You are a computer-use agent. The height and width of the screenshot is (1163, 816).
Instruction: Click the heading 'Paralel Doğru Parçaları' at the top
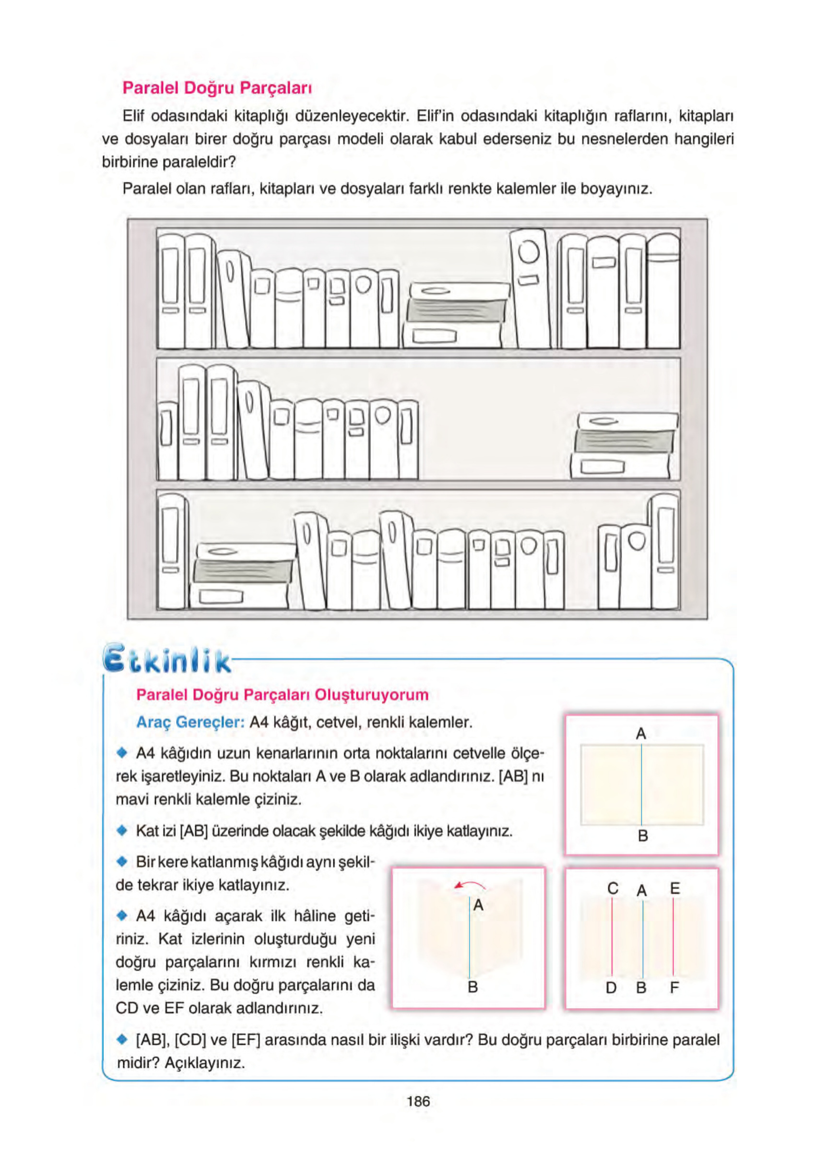click(x=217, y=88)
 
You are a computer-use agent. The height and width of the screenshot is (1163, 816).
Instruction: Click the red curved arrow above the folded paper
click(x=470, y=885)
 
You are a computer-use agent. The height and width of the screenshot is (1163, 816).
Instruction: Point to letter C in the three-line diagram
click(x=613, y=889)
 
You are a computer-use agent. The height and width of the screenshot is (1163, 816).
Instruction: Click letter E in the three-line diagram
click(x=674, y=889)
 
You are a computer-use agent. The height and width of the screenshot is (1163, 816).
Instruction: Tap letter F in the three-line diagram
click(x=674, y=987)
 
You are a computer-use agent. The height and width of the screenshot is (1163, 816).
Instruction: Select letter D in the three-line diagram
click(x=611, y=988)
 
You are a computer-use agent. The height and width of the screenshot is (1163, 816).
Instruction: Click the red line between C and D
click(x=612, y=937)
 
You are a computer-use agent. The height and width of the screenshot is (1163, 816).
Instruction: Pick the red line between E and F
click(x=673, y=937)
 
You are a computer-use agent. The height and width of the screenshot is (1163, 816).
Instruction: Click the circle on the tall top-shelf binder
click(x=528, y=252)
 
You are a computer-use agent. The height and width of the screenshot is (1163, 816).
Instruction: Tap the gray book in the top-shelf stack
click(x=456, y=310)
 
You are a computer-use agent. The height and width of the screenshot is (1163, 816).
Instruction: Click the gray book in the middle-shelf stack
click(x=625, y=441)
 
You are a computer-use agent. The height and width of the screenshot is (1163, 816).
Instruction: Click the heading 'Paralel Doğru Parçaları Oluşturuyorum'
click(x=282, y=694)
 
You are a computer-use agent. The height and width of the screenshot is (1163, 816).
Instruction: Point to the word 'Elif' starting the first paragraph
click(x=134, y=116)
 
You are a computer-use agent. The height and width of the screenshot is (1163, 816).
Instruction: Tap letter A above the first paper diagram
click(x=641, y=734)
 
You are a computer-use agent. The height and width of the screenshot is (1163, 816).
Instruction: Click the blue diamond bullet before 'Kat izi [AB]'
click(x=121, y=831)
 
